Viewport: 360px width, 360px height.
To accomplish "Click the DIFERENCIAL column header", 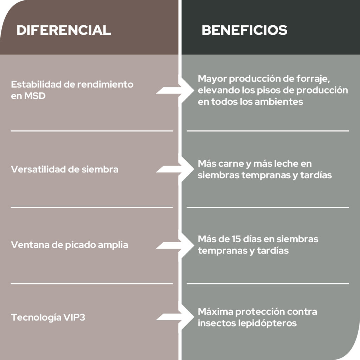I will pyautogui.click(x=64, y=30).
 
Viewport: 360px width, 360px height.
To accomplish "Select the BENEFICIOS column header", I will pyautogui.click(x=244, y=30).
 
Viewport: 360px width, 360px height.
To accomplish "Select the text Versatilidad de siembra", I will pyautogui.click(x=64, y=169).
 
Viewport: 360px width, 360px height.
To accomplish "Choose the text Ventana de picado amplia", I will pyautogui.click(x=69, y=245).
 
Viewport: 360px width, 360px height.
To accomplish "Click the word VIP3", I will pyautogui.click(x=74, y=317).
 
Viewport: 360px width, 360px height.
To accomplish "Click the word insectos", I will pyautogui.click(x=214, y=323).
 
